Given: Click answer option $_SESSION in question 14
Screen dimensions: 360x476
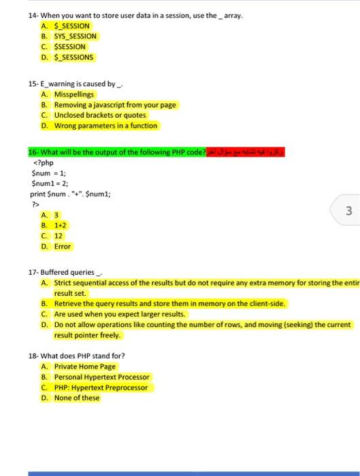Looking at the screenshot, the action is coord(71,26).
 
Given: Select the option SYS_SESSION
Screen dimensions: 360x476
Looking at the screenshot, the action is coord(76,36).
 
